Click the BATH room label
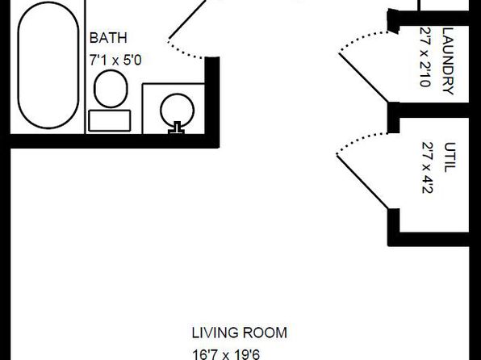108,38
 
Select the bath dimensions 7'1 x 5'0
115,60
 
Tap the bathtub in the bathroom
48,65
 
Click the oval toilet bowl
111,89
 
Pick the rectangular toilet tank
110,120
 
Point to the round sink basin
177,110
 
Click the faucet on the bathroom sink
177,128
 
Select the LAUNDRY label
448,61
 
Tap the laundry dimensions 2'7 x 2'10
425,57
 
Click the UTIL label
450,157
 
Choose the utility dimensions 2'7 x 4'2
427,168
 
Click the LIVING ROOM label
240,333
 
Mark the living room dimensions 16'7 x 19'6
226,354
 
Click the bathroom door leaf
188,19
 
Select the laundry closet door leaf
364,77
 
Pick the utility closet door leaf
362,182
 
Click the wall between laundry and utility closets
429,110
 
